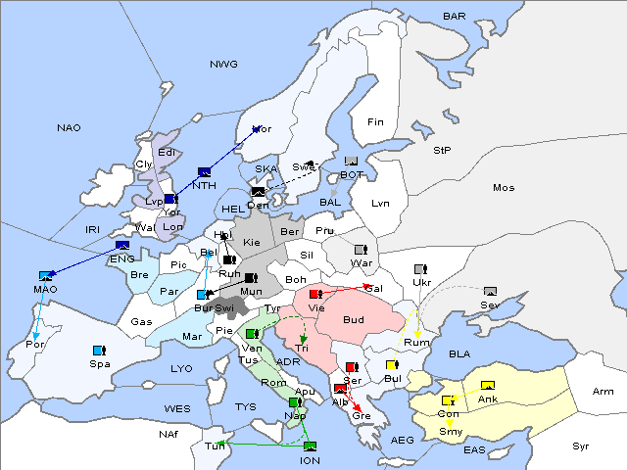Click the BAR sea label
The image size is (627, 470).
coord(454,16)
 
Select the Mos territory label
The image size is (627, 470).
coord(504,187)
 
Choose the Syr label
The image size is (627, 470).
coord(582,446)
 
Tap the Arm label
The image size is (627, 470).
coord(603,391)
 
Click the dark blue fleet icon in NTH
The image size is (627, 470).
coord(204,171)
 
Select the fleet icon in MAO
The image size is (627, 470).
coord(45,276)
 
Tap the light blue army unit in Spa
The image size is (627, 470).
coord(98,350)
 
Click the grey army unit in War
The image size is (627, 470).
coord(360,249)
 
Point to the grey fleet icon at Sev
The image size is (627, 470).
coord(490,291)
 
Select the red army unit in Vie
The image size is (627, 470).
coord(314,293)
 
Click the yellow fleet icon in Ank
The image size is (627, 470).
coord(487,384)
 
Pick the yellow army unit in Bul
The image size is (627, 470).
coord(392,365)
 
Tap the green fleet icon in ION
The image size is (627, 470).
coord(310,446)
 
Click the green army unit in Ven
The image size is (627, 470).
coord(252,334)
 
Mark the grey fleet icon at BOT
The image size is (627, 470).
coord(351,161)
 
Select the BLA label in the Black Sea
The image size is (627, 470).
coord(459,353)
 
